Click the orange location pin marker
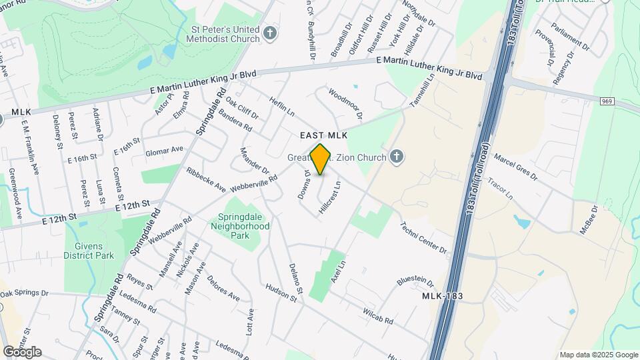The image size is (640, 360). point(321,159)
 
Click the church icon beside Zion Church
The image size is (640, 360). point(397,157)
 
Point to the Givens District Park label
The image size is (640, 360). point(89,250)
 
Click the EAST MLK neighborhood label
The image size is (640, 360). point(324,135)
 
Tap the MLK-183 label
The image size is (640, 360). point(443,295)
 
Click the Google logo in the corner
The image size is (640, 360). point(22,352)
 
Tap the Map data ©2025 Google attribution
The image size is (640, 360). point(599,355)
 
